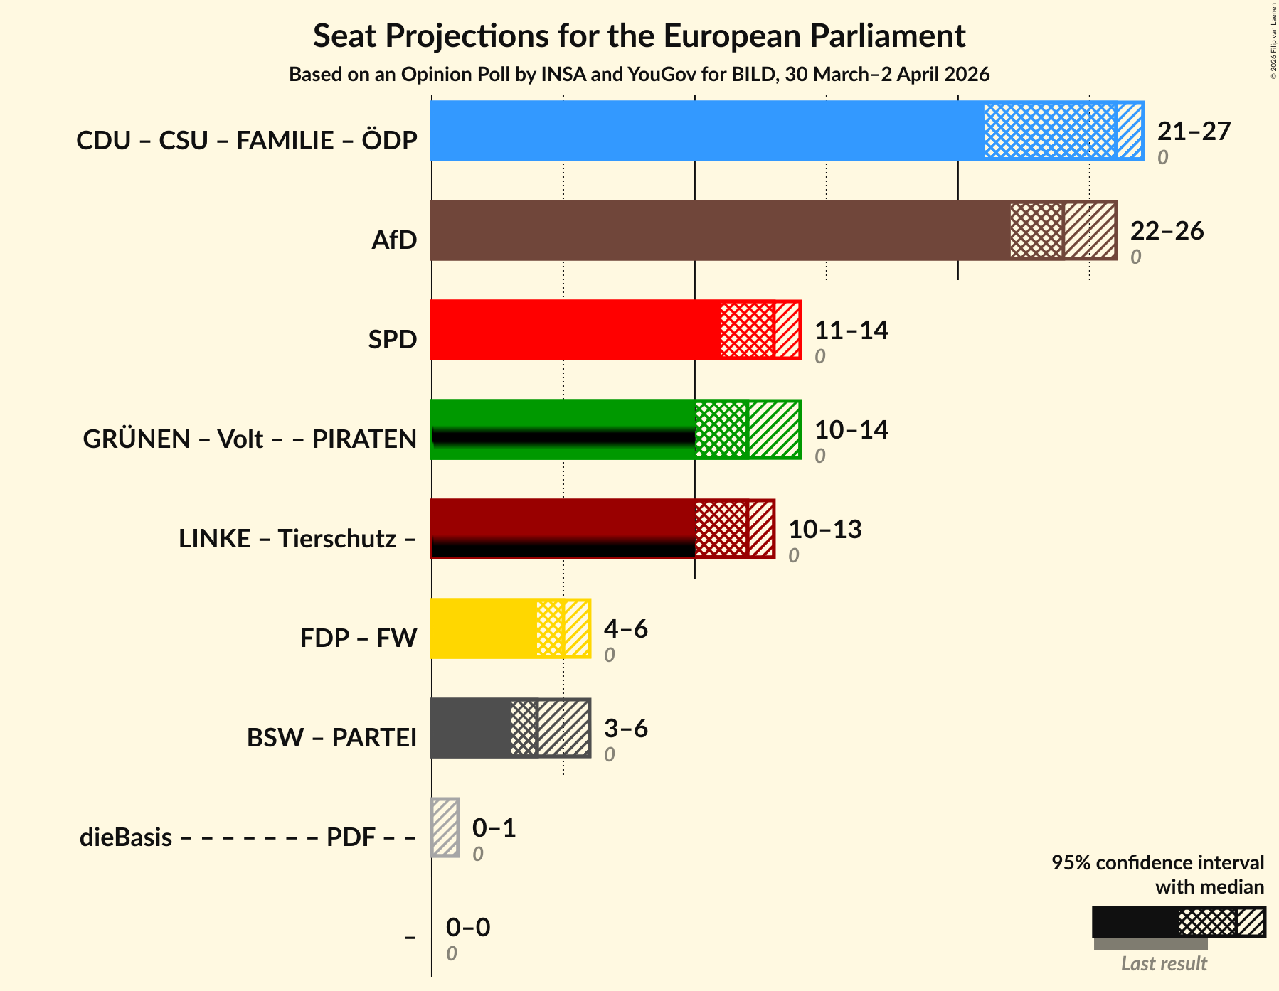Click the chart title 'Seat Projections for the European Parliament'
pyautogui.click(x=639, y=36)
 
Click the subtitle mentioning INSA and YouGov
pyautogui.click(x=639, y=75)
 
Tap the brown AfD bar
pyautogui.click(x=719, y=230)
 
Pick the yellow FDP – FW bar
pyautogui.click(x=483, y=628)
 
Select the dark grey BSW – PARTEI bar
pyautogui.click(x=469, y=728)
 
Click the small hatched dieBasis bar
pyautogui.click(x=445, y=827)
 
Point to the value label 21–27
pyautogui.click(x=1194, y=132)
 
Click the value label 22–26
pyautogui.click(x=1167, y=231)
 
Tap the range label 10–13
pyautogui.click(x=824, y=530)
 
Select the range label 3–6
pyautogui.click(x=625, y=729)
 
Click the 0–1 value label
pyautogui.click(x=494, y=828)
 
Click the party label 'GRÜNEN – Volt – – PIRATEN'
pyautogui.click(x=250, y=439)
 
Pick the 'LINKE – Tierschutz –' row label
pyautogui.click(x=297, y=538)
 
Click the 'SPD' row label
pyautogui.click(x=392, y=339)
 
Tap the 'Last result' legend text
pyautogui.click(x=1164, y=963)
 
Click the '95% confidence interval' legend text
pyautogui.click(x=1157, y=862)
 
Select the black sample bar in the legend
pyautogui.click(x=1135, y=922)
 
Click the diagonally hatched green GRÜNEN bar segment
pyautogui.click(x=774, y=429)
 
